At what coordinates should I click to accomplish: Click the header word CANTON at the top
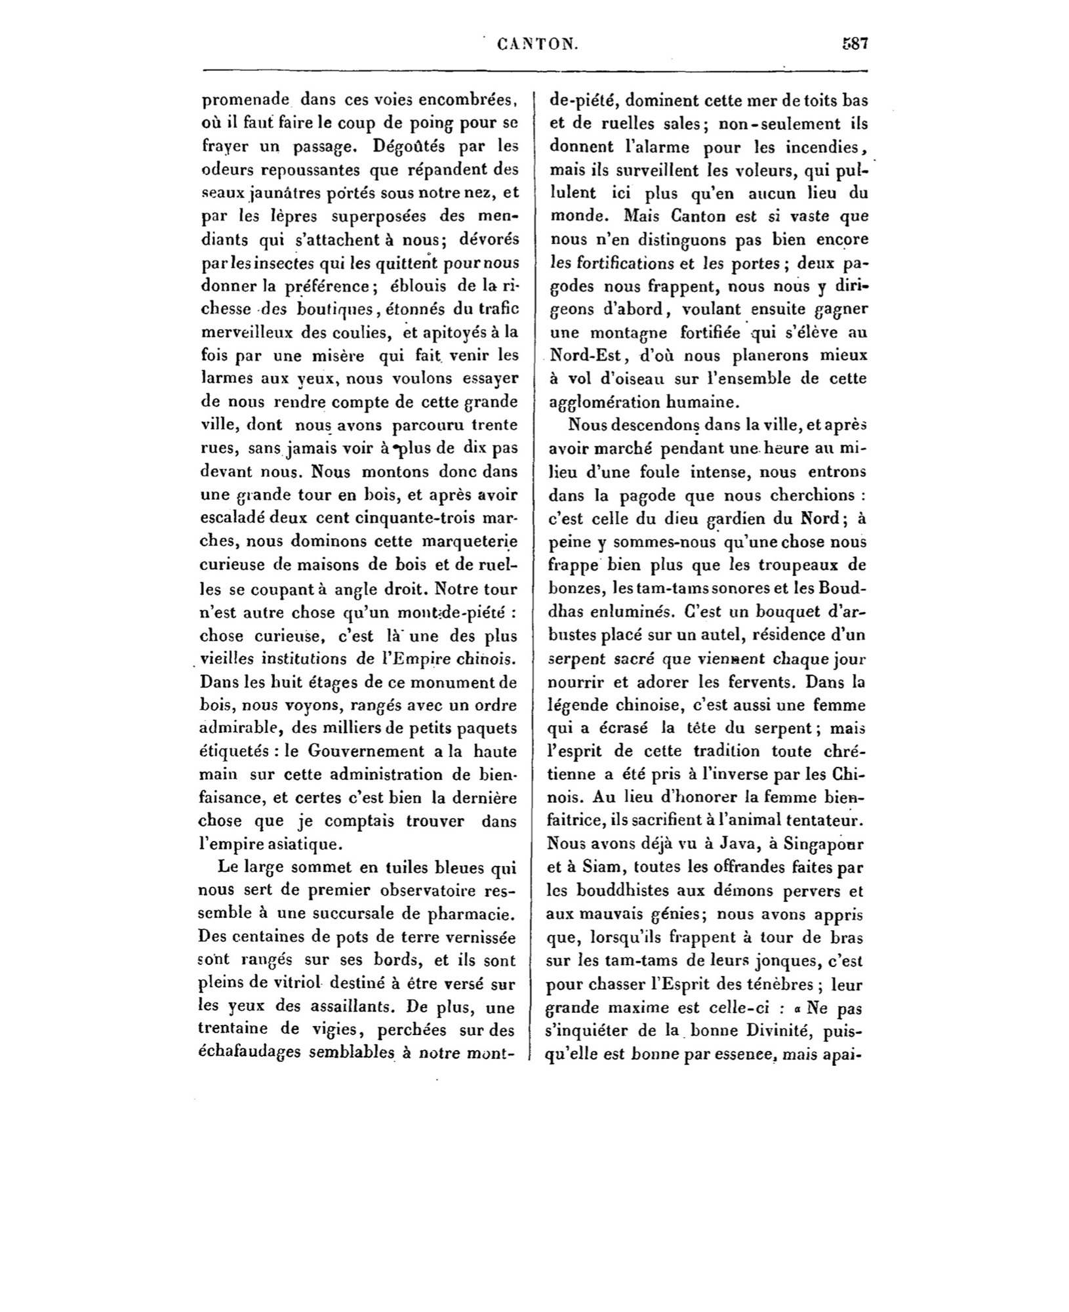(x=538, y=44)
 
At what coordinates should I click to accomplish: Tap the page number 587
(x=855, y=44)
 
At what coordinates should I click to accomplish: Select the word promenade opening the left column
(x=245, y=100)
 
